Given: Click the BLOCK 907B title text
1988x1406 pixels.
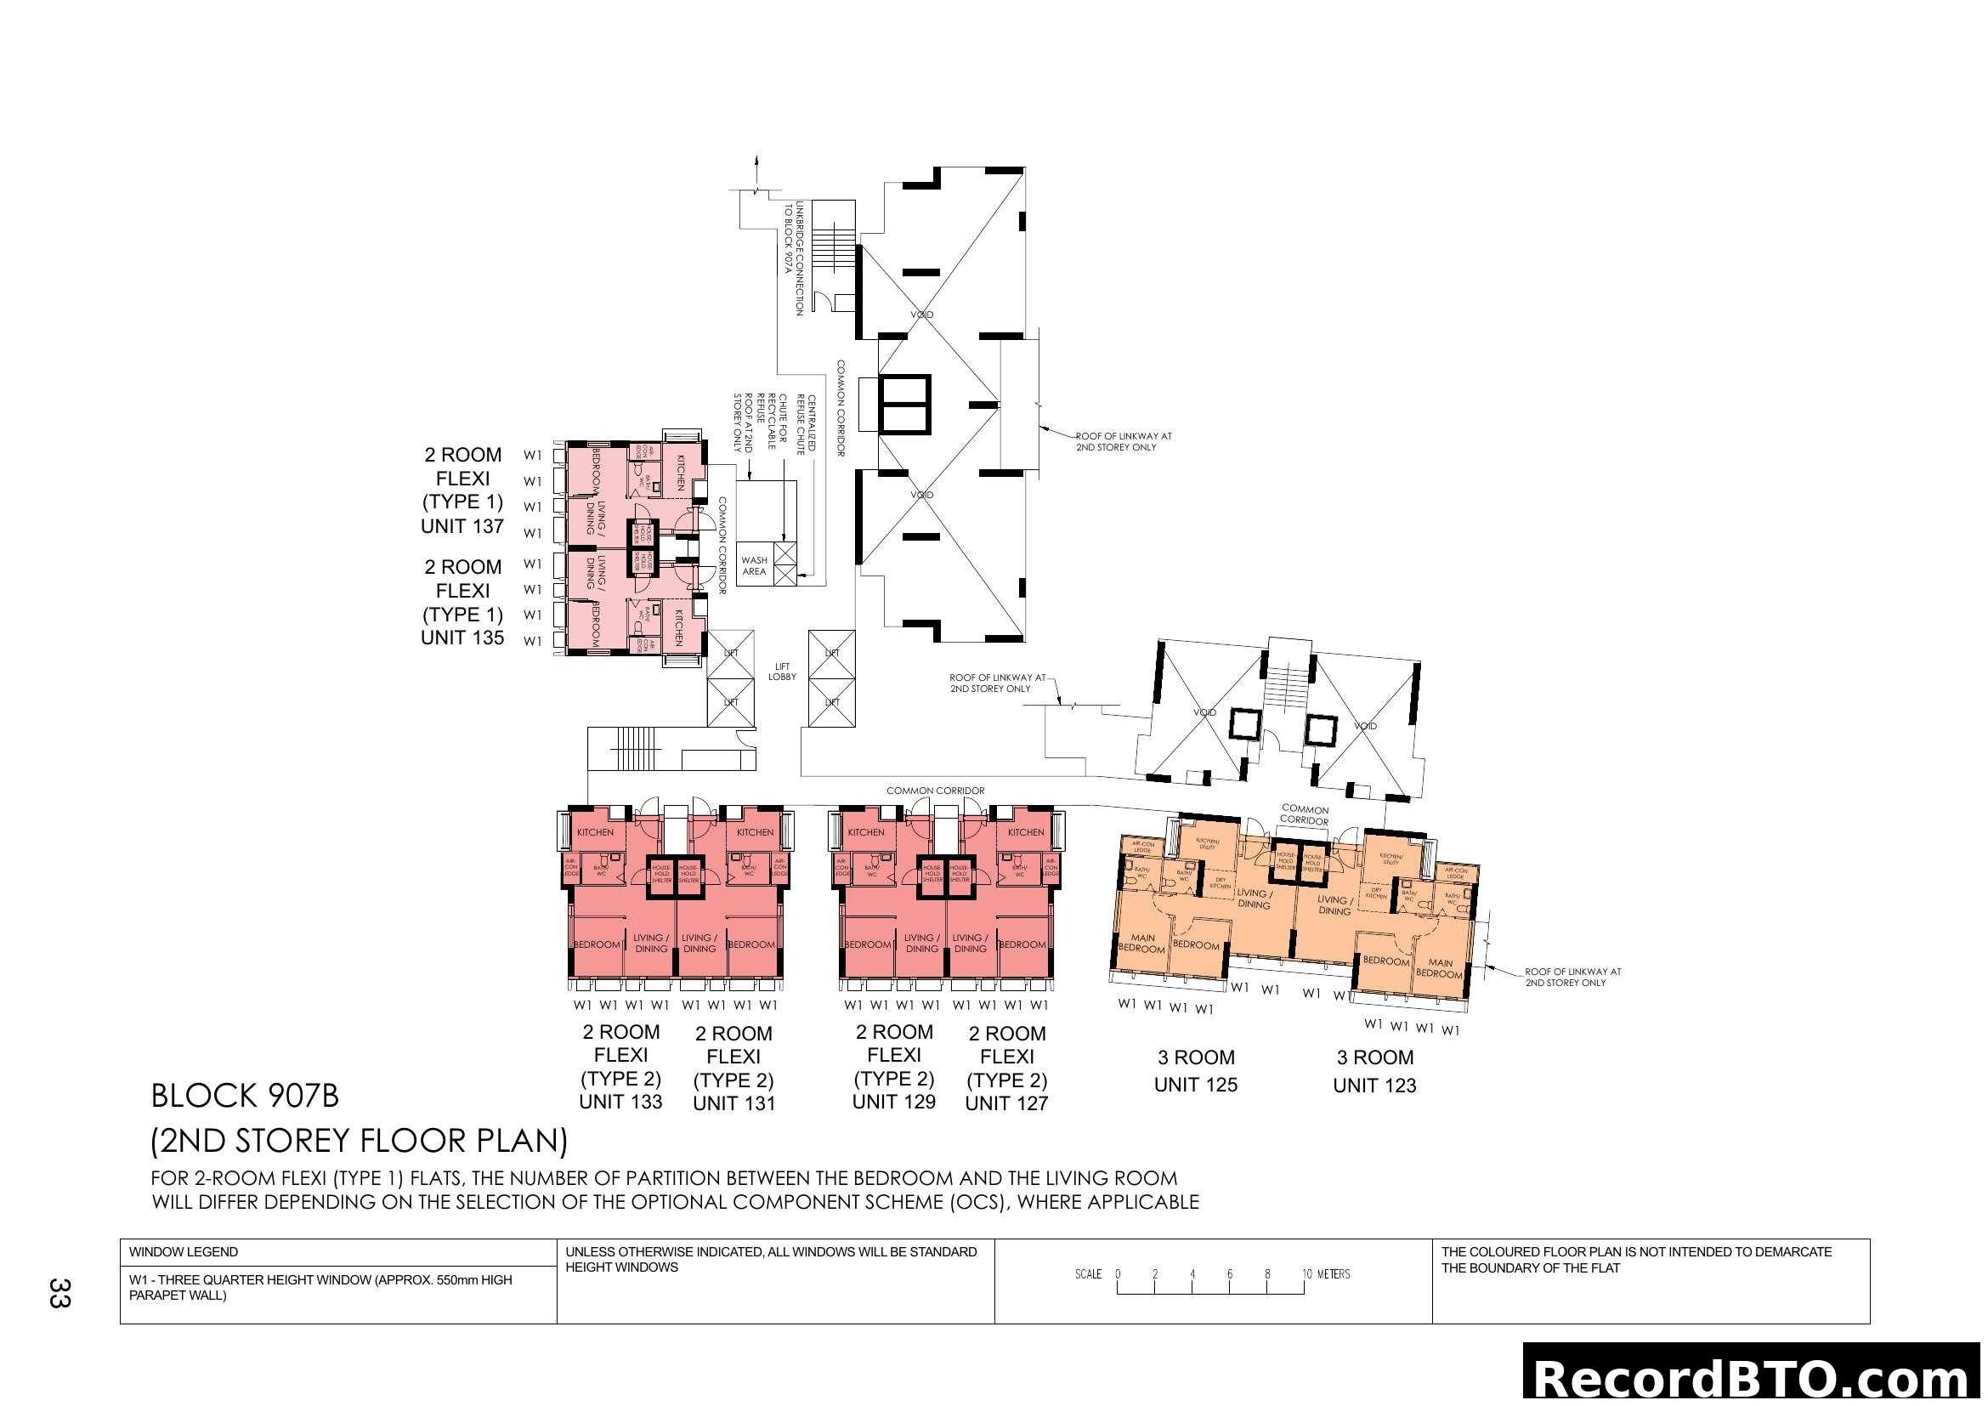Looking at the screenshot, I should (x=245, y=1096).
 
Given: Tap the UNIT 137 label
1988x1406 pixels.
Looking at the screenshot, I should (x=462, y=526).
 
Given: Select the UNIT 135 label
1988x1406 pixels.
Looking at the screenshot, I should (x=462, y=638).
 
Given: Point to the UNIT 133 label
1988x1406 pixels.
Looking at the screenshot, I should (x=620, y=1103).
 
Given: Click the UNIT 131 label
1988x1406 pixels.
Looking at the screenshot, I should (x=733, y=1104).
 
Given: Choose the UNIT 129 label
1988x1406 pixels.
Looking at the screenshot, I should (x=893, y=1103).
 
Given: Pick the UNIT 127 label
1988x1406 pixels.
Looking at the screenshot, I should (x=1006, y=1104).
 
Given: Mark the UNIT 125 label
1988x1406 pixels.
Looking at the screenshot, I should (x=1195, y=1085).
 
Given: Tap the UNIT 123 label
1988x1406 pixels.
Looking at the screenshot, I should (x=1374, y=1086).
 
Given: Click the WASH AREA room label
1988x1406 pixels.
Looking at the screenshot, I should (x=753, y=566).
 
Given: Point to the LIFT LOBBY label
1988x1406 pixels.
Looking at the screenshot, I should (x=782, y=672).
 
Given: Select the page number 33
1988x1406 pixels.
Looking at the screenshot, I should (x=59, y=1293).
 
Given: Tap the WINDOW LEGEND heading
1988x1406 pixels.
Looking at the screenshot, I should (x=184, y=1252).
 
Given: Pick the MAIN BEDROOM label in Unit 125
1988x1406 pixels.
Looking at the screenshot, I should (x=1142, y=944).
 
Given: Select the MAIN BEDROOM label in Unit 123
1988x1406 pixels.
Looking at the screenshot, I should (x=1439, y=969).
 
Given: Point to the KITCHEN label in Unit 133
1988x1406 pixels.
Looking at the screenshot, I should (x=595, y=833).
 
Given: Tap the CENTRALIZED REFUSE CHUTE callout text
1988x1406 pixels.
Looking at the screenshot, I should (x=806, y=424).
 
